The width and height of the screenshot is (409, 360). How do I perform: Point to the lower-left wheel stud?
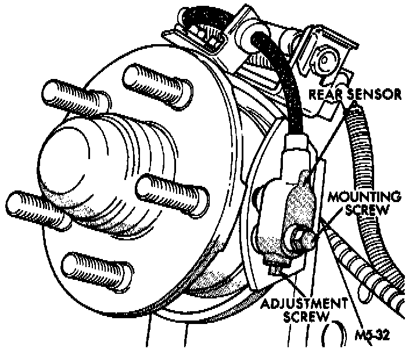[x=38, y=206]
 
